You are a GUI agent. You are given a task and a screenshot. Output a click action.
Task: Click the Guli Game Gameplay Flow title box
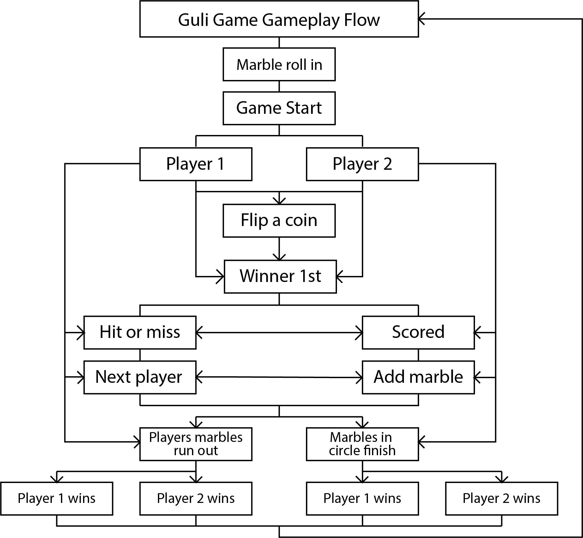coord(279,19)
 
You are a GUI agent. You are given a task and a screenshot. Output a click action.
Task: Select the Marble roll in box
coord(279,64)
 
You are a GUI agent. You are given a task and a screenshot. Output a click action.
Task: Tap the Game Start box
coord(279,108)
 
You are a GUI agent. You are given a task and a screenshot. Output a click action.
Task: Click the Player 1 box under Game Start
coord(196,164)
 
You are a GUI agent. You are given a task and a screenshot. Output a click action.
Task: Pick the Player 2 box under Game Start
coord(362,164)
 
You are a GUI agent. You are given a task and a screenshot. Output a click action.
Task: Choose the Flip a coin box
coord(279,221)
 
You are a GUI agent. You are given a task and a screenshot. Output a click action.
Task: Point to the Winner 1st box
coord(280,277)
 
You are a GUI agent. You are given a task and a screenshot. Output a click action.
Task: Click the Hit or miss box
coord(140,333)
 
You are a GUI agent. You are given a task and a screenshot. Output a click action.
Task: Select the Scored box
coord(418,333)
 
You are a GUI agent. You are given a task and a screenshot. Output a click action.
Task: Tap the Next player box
coord(140,377)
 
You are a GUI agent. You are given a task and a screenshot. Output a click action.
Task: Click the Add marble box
coord(418,377)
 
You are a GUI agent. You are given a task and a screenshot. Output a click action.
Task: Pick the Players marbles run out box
coord(196,444)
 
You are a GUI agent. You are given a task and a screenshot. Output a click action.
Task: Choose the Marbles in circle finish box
coord(362,444)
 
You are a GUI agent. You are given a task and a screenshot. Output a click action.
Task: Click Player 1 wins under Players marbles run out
coord(57,498)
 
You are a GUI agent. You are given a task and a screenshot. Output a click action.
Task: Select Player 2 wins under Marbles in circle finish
coord(502,498)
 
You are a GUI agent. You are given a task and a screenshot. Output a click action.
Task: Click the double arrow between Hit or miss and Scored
coord(279,333)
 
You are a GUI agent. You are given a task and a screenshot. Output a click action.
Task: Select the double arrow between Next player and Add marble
coord(279,377)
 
